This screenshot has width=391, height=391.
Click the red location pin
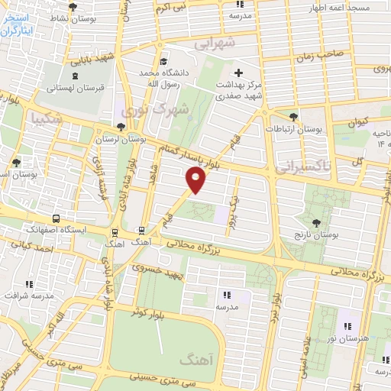pos(196,180)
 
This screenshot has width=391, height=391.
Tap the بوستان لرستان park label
pos(122,141)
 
